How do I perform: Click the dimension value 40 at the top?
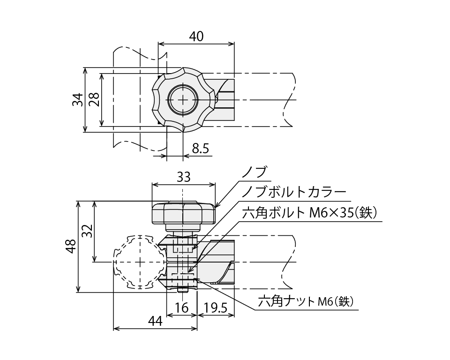[196, 36]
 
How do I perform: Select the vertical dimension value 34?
[78, 99]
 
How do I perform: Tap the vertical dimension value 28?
[94, 99]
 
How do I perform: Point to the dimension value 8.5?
[200, 149]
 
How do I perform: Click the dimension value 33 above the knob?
[183, 177]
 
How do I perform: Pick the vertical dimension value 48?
[71, 247]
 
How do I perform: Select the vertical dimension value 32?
[87, 231]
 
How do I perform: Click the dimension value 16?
[181, 307]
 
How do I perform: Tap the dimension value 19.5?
[215, 307]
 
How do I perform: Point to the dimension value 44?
[155, 322]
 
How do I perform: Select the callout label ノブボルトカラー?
[294, 192]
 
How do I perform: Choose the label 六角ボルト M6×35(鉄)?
[309, 213]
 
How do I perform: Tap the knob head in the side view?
[183, 213]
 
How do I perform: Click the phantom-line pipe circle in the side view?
[140, 261]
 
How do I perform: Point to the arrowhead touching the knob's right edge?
[217, 205]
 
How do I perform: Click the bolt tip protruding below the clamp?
[182, 289]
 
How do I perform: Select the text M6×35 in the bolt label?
[330, 213]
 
